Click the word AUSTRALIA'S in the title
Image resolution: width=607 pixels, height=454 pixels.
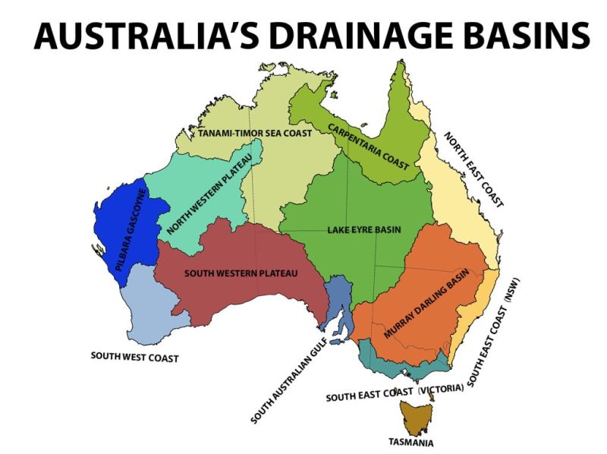click(x=133, y=34)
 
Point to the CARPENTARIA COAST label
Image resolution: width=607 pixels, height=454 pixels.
click(x=368, y=145)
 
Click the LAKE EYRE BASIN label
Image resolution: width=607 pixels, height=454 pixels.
click(x=363, y=229)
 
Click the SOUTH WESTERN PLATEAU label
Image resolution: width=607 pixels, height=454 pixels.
click(x=241, y=273)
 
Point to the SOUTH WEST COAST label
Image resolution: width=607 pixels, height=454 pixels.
click(x=134, y=356)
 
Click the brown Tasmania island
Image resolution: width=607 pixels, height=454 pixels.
click(x=415, y=418)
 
